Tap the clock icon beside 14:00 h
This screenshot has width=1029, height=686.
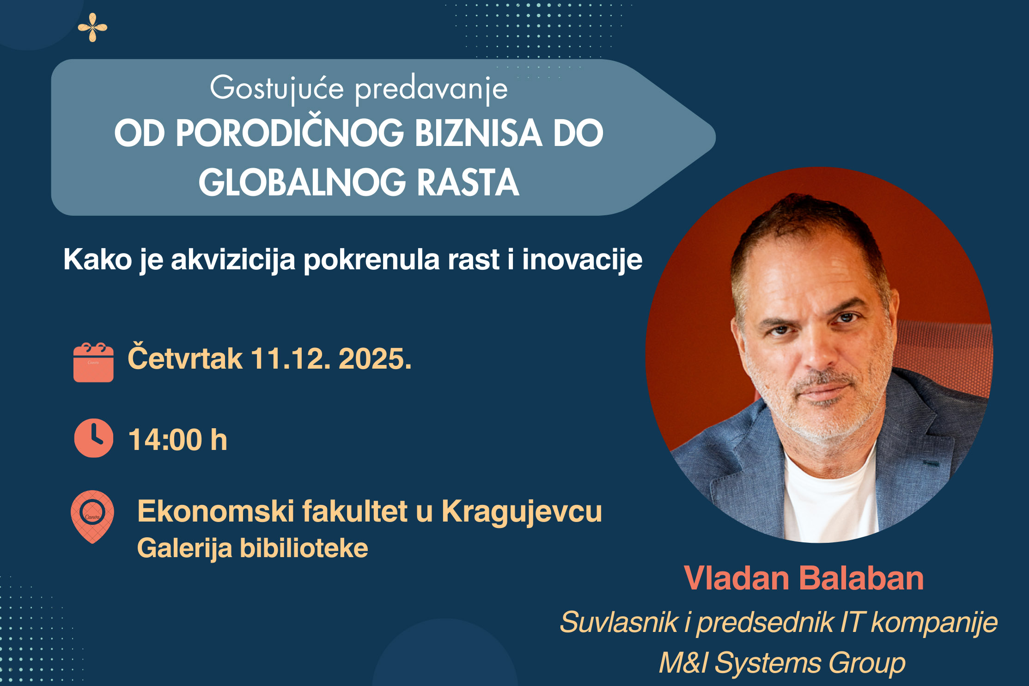pyautogui.click(x=93, y=438)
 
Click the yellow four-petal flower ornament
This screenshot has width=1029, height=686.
pyautogui.click(x=92, y=27)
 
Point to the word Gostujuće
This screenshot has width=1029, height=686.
pyautogui.click(x=277, y=89)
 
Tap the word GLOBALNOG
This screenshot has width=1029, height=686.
pyautogui.click(x=302, y=182)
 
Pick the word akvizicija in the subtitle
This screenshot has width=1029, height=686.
pyautogui.click(x=233, y=260)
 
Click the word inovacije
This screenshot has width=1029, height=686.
pyautogui.click(x=582, y=260)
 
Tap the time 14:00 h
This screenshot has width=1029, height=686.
pyautogui.click(x=178, y=439)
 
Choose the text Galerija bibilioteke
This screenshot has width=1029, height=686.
pyautogui.click(x=253, y=549)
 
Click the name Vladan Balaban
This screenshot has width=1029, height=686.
pyautogui.click(x=804, y=578)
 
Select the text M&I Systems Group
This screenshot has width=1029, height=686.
pyautogui.click(x=782, y=663)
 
